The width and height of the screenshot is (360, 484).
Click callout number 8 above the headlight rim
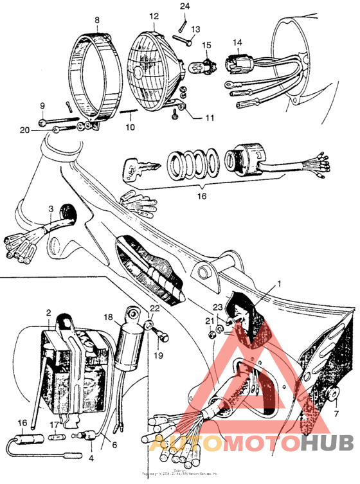97,20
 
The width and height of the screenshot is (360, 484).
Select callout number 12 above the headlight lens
154,15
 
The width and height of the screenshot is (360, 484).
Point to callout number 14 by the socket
237,43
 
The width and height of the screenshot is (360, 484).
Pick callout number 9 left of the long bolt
42,105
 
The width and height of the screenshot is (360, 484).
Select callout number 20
24,130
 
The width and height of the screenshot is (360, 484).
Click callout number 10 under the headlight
130,127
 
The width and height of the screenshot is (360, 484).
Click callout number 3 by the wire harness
50,209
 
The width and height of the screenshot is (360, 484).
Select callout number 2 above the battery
48,312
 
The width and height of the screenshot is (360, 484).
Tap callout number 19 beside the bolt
159,354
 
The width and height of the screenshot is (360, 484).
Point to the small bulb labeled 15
206,63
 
